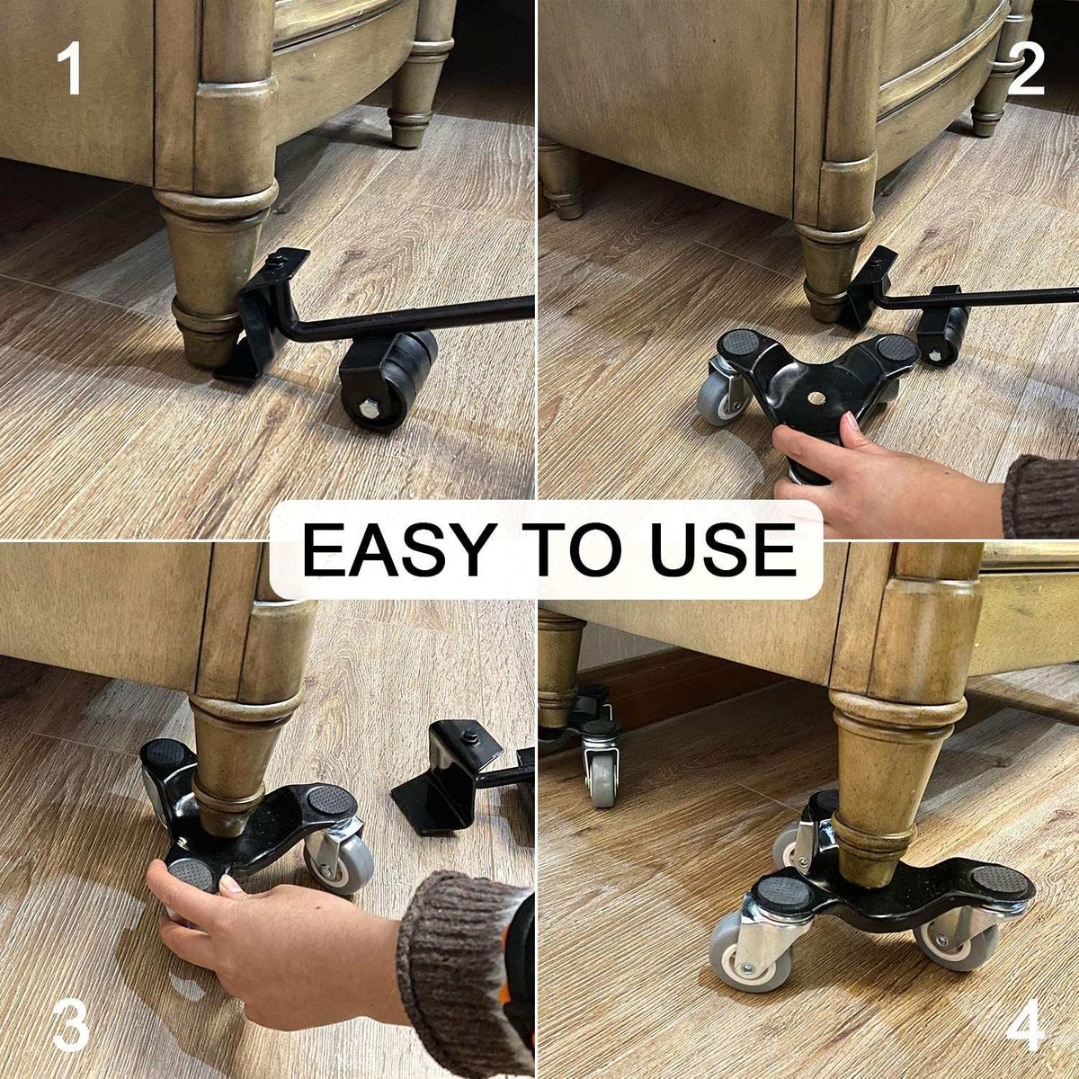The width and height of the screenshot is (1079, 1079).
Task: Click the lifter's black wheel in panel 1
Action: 390,380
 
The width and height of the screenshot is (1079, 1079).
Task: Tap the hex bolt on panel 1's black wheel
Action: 368,410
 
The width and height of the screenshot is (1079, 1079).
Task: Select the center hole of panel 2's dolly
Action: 816,397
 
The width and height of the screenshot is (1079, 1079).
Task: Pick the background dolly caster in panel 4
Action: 602,764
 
